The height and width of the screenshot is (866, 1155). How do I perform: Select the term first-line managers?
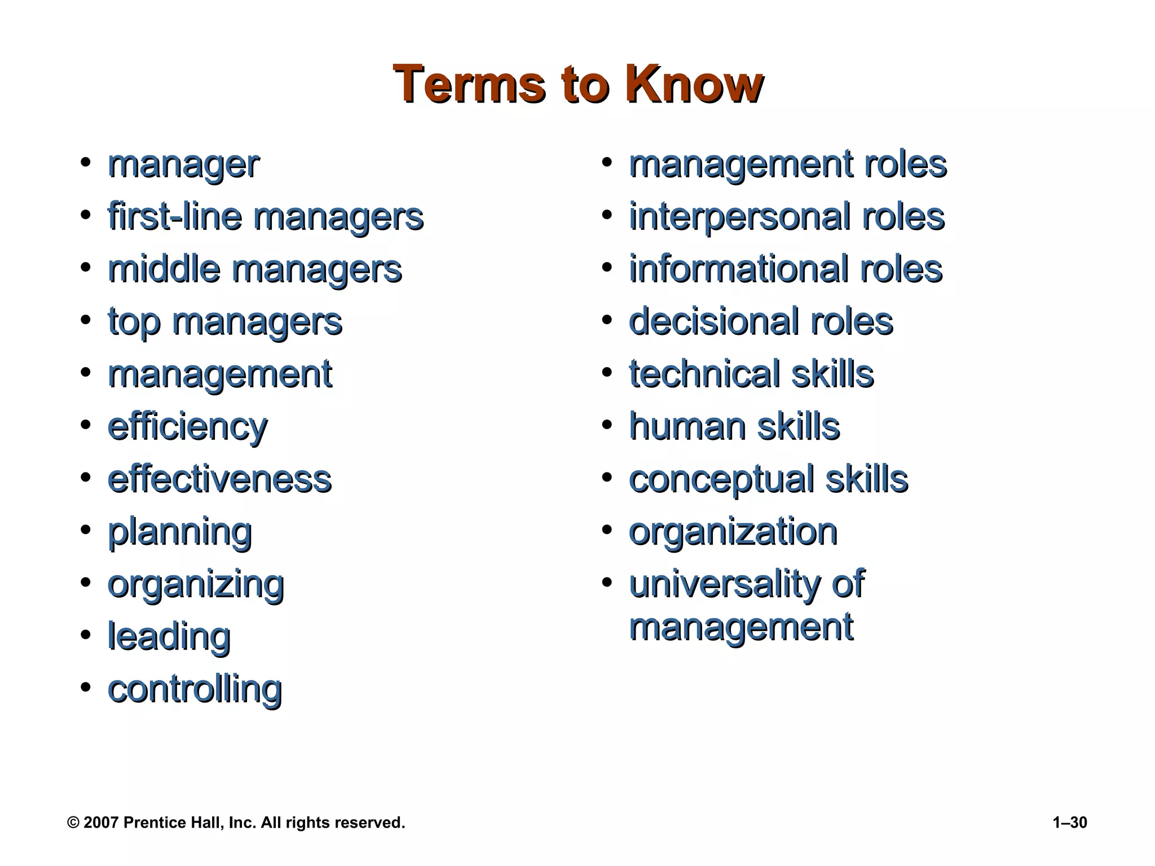click(265, 217)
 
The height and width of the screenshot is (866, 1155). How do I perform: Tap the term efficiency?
click(187, 427)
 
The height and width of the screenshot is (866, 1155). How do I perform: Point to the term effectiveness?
click(219, 479)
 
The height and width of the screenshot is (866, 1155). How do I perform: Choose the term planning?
click(179, 532)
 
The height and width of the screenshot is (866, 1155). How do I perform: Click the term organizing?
click(196, 585)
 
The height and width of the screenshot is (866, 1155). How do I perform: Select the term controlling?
click(195, 689)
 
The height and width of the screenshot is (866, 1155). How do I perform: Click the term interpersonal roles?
click(787, 217)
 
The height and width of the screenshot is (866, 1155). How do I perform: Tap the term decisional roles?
click(761, 322)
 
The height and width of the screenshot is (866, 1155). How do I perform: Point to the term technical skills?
click(751, 374)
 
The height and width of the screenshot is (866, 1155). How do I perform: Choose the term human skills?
click(734, 427)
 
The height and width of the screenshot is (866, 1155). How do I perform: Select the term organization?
click(733, 532)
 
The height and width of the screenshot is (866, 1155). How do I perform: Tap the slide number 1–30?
click(1069, 823)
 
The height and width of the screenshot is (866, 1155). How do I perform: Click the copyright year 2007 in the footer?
click(101, 823)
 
